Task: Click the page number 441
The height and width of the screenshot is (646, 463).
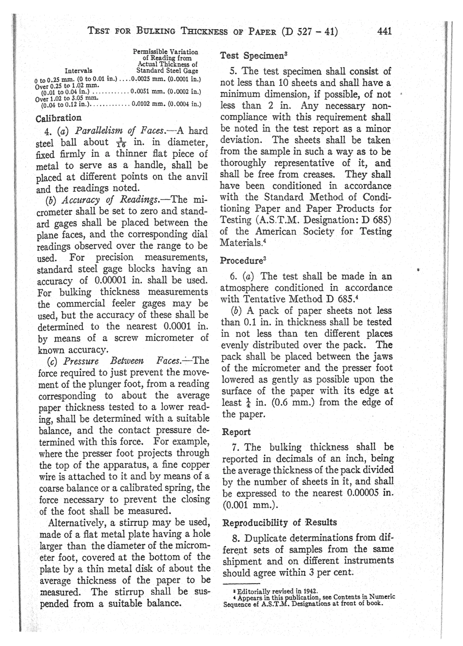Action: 385,32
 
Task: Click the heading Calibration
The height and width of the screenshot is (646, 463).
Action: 58,118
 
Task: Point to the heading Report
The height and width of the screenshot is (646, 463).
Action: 236,432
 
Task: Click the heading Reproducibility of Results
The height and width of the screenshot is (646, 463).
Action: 279,522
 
